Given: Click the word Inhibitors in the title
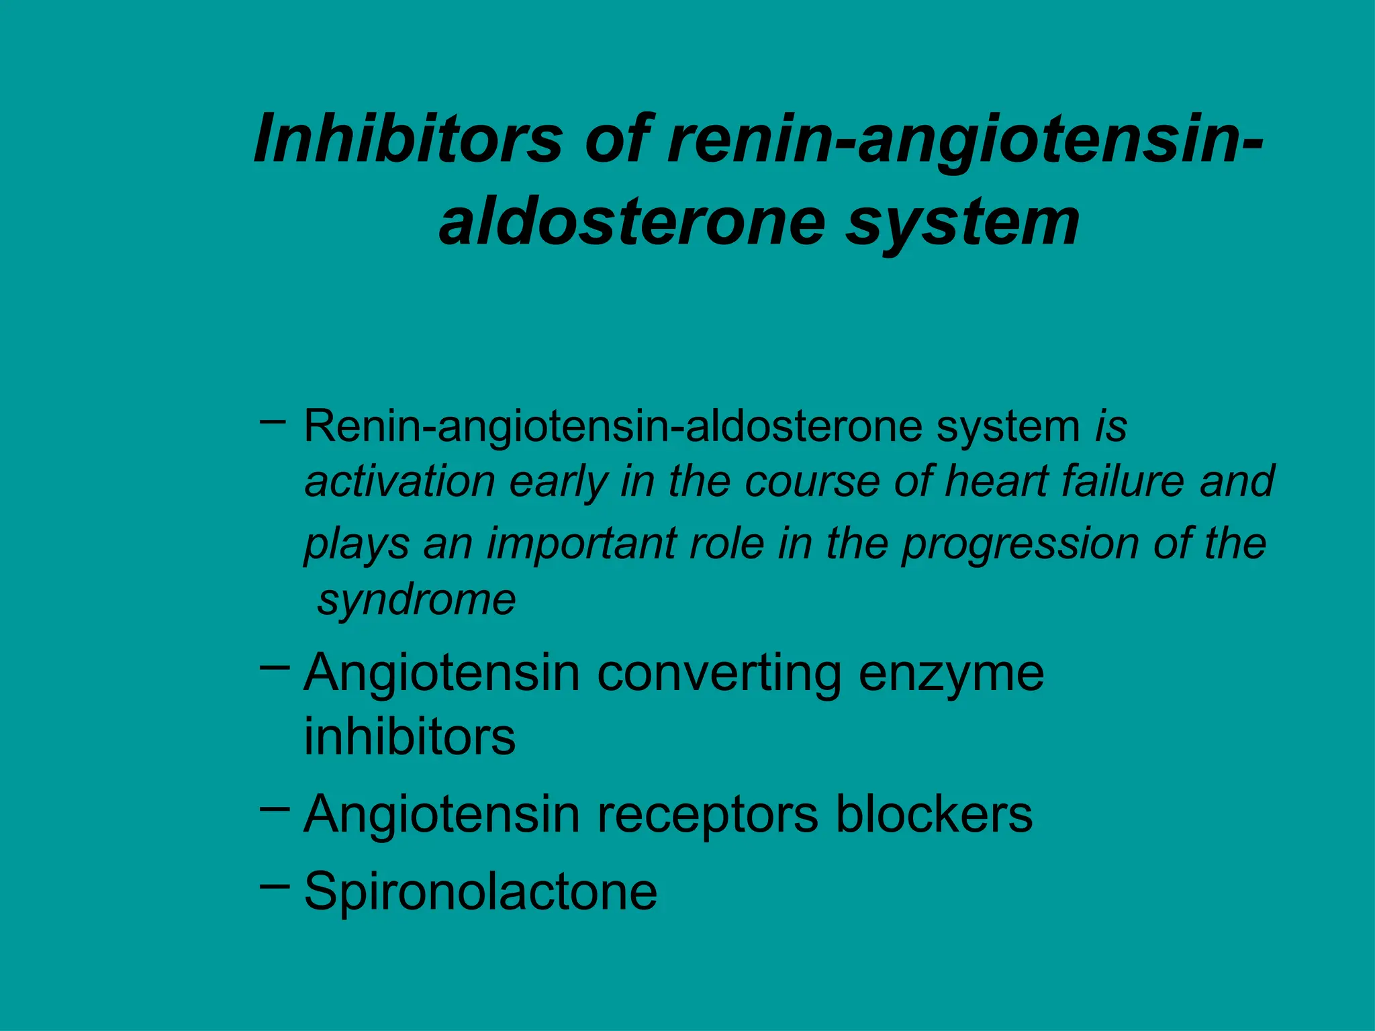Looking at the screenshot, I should point(408,139).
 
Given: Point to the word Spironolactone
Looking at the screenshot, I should point(480,891).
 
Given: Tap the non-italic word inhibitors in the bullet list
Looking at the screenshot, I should point(410,736).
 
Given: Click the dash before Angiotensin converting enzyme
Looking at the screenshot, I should point(274,667).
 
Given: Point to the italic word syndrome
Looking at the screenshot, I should point(416,599).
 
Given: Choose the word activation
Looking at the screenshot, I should point(400,481).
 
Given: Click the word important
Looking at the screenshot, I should point(581,544).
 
